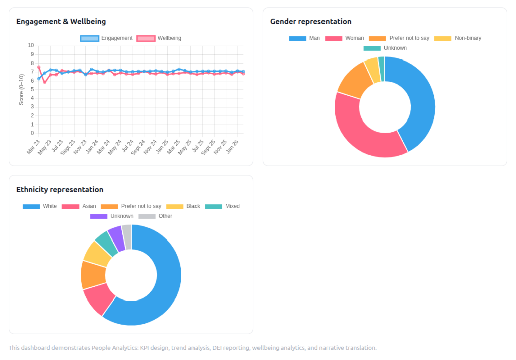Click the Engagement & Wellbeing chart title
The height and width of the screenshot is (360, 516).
(61, 22)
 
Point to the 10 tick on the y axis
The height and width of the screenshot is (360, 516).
(31, 45)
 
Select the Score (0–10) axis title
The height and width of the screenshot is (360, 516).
(22, 90)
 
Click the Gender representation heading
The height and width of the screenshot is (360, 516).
(310, 22)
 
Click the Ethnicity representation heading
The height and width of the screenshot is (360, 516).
(59, 190)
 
